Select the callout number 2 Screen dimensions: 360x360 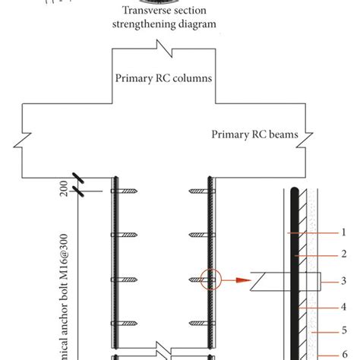(343, 255)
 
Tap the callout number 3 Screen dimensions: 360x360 (343, 280)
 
